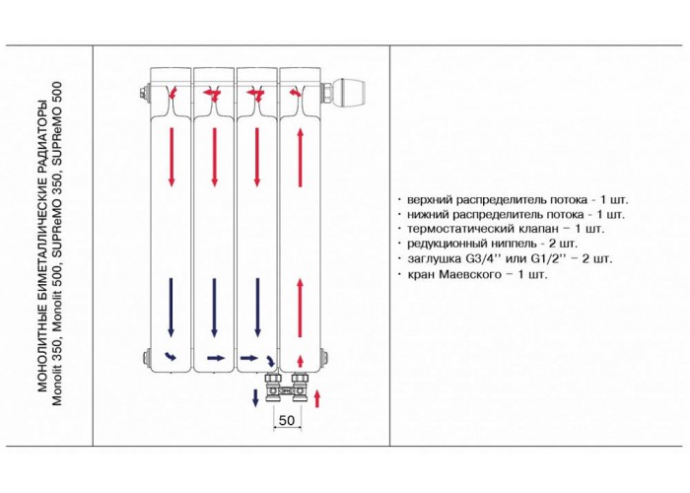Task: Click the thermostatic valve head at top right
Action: pyautogui.click(x=351, y=93)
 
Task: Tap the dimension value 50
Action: pyautogui.click(x=287, y=420)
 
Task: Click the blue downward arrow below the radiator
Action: pyautogui.click(x=254, y=398)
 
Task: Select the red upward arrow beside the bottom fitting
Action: pyautogui.click(x=316, y=399)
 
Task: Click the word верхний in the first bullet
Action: pyautogui.click(x=430, y=200)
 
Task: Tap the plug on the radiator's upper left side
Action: pyautogui.click(x=144, y=95)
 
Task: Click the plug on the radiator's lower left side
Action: pyautogui.click(x=145, y=356)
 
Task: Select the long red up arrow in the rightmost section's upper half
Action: pyautogui.click(x=301, y=157)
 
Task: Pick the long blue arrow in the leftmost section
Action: pyautogui.click(x=172, y=308)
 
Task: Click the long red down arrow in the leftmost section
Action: pyautogui.click(x=172, y=157)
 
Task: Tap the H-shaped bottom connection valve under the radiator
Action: pyautogui.click(x=287, y=388)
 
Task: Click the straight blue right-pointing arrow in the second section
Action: pyautogui.click(x=216, y=358)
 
